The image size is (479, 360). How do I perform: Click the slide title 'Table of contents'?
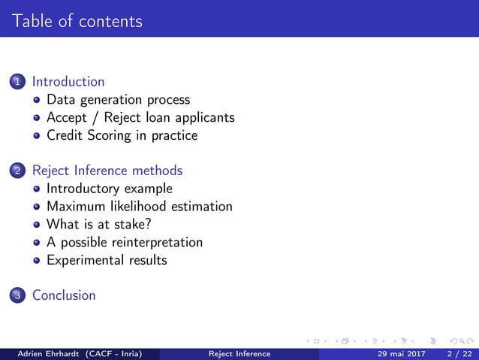77,21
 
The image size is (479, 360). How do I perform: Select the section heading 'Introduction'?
68,82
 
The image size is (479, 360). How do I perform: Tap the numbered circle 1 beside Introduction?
17,82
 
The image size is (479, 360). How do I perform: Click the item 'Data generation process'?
118,100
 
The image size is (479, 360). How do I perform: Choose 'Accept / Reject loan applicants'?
140,118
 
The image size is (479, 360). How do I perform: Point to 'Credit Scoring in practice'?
122,136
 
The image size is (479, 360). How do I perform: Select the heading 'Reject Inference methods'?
107,171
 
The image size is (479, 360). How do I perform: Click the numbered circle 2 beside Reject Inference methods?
17,171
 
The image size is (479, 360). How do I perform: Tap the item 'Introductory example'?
109,189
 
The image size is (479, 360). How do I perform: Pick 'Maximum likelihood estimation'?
139,207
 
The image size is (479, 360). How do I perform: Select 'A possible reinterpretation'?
124,243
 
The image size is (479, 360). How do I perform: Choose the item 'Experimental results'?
107,261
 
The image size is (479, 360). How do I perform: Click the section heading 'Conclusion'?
64,295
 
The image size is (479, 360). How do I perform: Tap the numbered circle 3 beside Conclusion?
17,296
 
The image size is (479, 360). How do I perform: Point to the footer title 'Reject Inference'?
239,353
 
